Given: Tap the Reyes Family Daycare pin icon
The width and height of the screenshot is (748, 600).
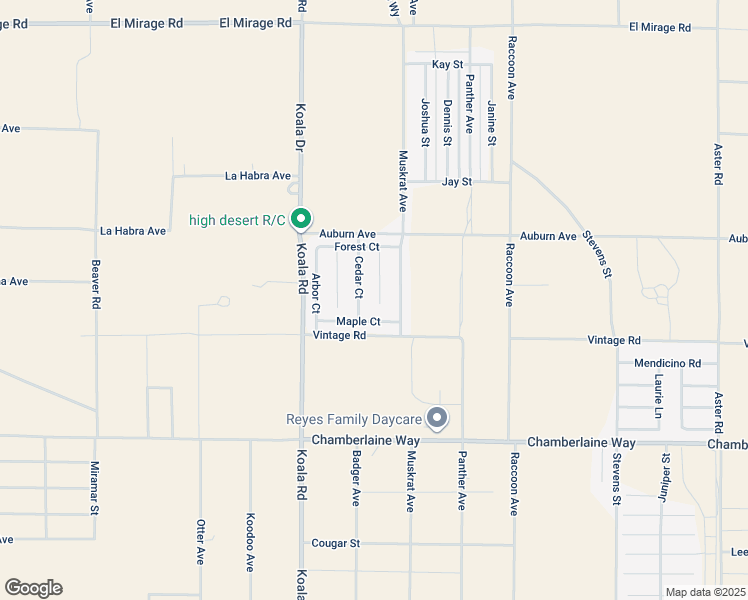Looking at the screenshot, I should click(x=436, y=417).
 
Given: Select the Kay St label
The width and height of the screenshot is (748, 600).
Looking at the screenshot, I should click(x=447, y=64).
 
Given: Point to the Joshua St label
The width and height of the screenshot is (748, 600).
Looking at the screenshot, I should click(x=424, y=122).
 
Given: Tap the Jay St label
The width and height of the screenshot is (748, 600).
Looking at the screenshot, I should click(x=456, y=182).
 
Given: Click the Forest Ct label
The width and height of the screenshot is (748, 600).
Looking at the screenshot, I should click(x=357, y=247).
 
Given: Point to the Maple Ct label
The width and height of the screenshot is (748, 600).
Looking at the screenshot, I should click(x=358, y=321).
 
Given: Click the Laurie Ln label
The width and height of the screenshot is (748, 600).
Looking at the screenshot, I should click(x=659, y=396).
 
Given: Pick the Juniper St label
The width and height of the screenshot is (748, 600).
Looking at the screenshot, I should click(x=664, y=474).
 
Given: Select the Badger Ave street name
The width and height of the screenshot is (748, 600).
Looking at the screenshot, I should click(x=356, y=477).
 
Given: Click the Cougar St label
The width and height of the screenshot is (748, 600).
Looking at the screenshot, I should click(x=336, y=543).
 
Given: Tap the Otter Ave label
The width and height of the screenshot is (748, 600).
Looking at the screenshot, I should click(x=200, y=541).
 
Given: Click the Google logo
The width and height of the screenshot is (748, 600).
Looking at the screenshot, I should click(x=33, y=587).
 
